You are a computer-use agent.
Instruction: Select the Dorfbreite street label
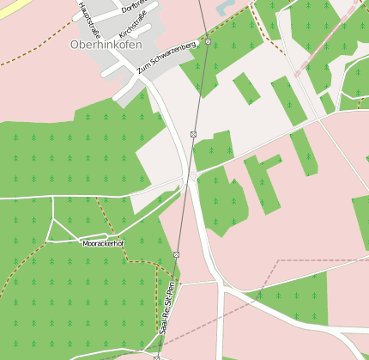pyautogui.click(x=133, y=6)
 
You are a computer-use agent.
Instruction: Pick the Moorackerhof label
pyautogui.click(x=104, y=244)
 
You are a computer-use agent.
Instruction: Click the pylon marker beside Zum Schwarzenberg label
pyautogui.click(x=208, y=41)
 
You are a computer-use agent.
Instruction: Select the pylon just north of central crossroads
pyautogui.click(x=194, y=134)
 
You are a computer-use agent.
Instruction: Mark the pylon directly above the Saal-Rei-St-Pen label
pyautogui.click(x=176, y=255)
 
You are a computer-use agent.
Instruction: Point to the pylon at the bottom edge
pyautogui.click(x=157, y=357)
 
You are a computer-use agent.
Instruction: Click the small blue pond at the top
pyautogui.click(x=225, y=7)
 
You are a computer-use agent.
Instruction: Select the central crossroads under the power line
pyautogui.click(x=190, y=178)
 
